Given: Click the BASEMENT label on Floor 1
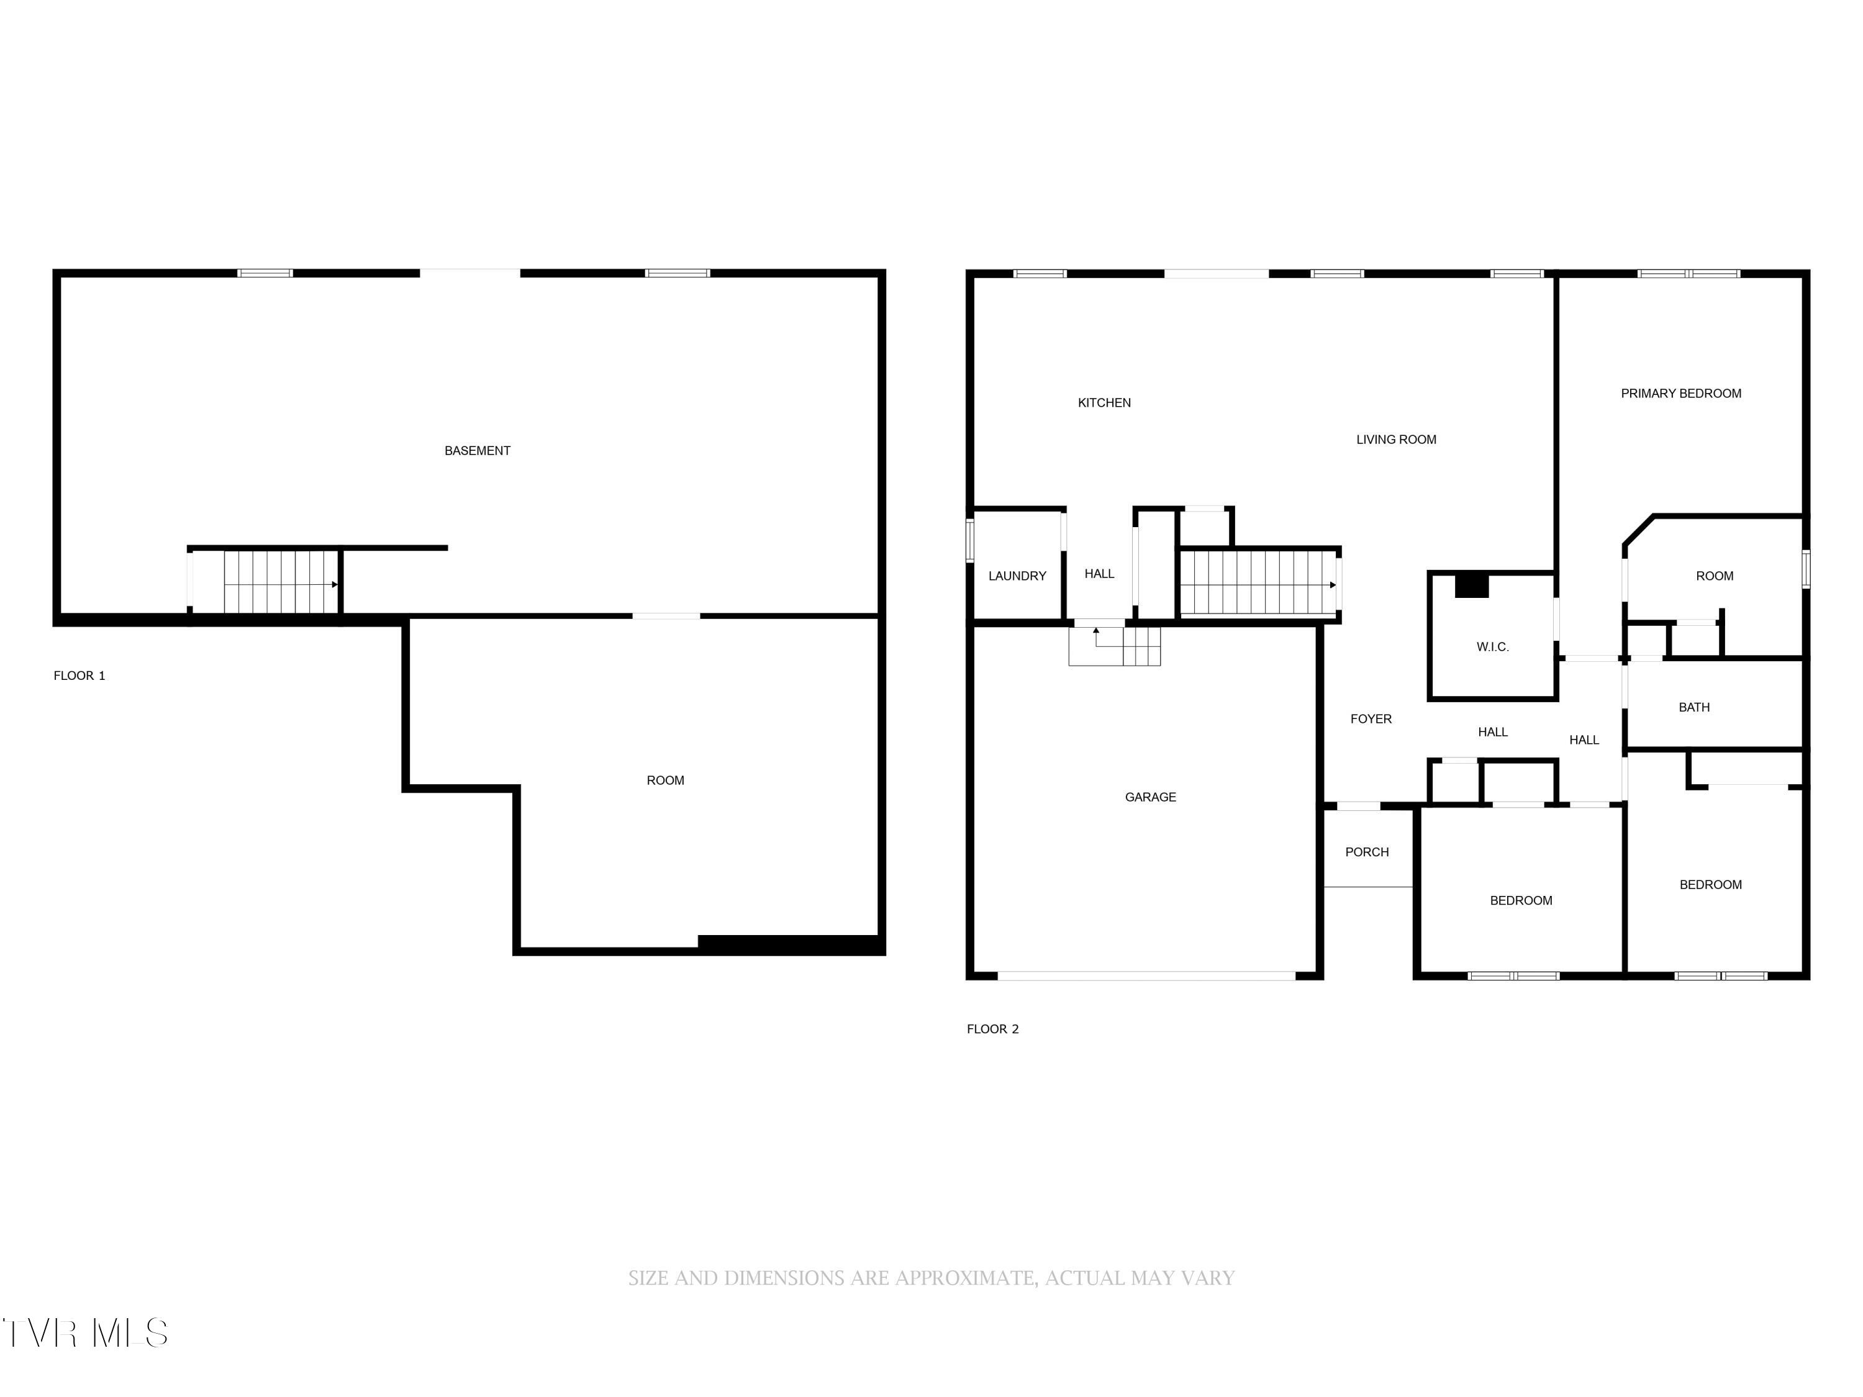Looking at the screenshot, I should (x=477, y=451).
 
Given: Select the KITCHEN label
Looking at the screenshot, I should (x=1104, y=402).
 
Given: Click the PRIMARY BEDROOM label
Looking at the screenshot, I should (x=1680, y=393).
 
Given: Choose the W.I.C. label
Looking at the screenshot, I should (x=1492, y=647).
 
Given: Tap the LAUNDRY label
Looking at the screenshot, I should (x=1017, y=576).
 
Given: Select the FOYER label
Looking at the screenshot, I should (x=1371, y=719).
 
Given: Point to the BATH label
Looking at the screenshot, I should (x=1693, y=707).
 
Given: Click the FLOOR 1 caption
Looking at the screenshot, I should (x=79, y=676).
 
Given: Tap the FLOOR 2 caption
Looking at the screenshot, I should (x=992, y=1029).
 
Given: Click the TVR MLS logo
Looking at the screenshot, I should (x=84, y=1333).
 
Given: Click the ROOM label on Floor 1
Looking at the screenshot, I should (x=664, y=780).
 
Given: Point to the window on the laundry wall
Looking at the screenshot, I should (x=969, y=541).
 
